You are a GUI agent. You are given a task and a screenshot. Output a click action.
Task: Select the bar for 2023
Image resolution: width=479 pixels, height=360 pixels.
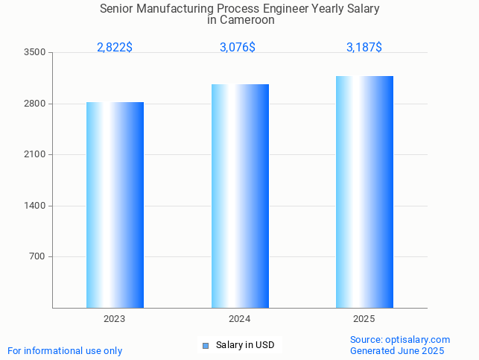click(x=115, y=205)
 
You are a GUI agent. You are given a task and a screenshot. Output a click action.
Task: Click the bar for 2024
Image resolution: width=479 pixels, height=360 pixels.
click(x=240, y=196)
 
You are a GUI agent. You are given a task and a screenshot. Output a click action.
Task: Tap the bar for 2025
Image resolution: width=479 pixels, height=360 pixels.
click(x=364, y=192)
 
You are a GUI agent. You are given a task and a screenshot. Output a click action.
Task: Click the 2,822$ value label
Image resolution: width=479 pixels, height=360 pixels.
click(x=115, y=48)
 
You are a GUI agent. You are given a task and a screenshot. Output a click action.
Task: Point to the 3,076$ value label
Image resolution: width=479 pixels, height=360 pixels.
click(x=238, y=48)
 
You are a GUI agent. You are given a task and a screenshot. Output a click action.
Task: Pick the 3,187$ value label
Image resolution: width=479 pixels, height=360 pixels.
click(x=364, y=48)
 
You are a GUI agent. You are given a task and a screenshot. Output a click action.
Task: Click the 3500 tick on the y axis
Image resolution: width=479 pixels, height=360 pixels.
click(x=34, y=53)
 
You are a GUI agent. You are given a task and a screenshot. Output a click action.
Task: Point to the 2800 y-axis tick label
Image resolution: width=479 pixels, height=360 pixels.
click(x=34, y=104)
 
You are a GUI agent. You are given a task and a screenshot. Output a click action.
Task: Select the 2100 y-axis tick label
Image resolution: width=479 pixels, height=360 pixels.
click(x=34, y=155)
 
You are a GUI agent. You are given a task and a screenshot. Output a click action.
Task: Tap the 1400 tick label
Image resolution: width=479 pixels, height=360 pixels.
click(x=34, y=206)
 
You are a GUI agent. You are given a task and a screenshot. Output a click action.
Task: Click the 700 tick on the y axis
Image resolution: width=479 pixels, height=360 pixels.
click(x=37, y=257)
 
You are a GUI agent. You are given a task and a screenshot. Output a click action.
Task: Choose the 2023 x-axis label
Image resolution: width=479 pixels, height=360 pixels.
click(x=115, y=319)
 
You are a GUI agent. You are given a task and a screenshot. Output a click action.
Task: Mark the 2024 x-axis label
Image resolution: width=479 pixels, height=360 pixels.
click(x=240, y=319)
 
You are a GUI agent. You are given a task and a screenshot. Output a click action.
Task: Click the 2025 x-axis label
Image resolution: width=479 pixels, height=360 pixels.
click(x=364, y=319)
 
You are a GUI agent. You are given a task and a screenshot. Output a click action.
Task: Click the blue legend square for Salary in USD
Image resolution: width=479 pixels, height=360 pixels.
click(x=206, y=345)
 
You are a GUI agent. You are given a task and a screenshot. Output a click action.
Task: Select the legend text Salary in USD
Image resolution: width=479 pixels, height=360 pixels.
click(x=245, y=345)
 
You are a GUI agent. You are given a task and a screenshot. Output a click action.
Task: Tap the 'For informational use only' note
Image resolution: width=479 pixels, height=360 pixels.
click(x=65, y=351)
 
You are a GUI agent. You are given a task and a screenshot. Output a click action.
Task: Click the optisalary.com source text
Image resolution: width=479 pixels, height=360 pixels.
click(x=400, y=340)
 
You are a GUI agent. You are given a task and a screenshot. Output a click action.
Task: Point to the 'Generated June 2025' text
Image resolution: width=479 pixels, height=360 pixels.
click(x=397, y=351)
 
